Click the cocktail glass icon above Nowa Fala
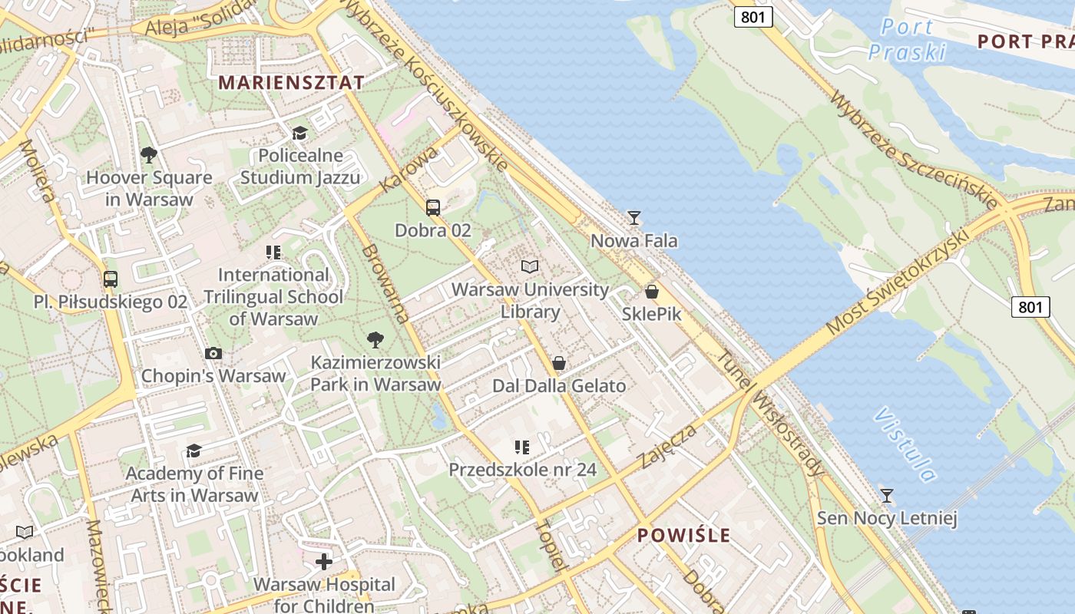633,218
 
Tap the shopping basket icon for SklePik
651,292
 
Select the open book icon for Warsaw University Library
530,266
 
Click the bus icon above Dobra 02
433,207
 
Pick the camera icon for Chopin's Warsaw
213,354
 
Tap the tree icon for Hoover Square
149,156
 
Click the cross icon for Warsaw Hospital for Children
324,562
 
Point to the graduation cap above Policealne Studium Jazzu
299,134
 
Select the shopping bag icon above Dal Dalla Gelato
559,363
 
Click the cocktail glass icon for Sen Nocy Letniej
887,496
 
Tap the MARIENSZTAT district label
291,82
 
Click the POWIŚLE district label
684,535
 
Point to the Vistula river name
905,444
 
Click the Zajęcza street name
668,446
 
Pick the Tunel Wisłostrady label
771,413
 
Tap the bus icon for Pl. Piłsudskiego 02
111,279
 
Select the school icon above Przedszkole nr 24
522,447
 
